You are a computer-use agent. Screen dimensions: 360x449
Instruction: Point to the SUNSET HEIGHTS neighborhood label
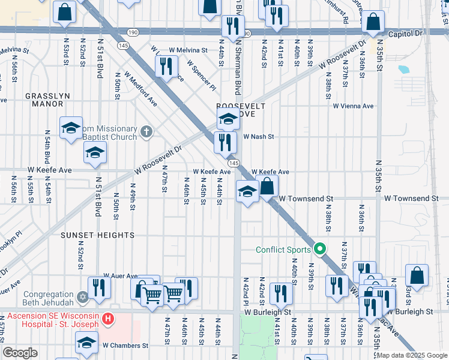pyautogui.click(x=97, y=235)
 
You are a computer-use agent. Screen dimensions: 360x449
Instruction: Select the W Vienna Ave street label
pyautogui.click(x=353, y=106)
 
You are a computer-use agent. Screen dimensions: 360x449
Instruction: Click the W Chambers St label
pyautogui.click(x=125, y=346)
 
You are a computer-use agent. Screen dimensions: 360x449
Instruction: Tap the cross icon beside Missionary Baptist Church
pyautogui.click(x=146, y=131)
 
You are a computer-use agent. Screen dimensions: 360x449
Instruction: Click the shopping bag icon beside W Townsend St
pyautogui.click(x=268, y=186)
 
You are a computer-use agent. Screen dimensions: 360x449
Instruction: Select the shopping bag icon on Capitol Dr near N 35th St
pyautogui.click(x=373, y=22)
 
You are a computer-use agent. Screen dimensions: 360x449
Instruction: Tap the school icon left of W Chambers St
pyautogui.click(x=86, y=343)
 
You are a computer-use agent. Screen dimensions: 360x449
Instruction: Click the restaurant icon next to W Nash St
pyautogui.click(x=224, y=142)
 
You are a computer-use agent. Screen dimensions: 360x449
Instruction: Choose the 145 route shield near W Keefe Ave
pyautogui.click(x=234, y=163)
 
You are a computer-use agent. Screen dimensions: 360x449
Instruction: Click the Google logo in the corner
pyautogui.click(x=20, y=353)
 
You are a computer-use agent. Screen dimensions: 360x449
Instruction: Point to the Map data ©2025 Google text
pyautogui.click(x=412, y=355)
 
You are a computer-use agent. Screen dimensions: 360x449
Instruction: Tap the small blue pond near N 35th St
pyautogui.click(x=403, y=69)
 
